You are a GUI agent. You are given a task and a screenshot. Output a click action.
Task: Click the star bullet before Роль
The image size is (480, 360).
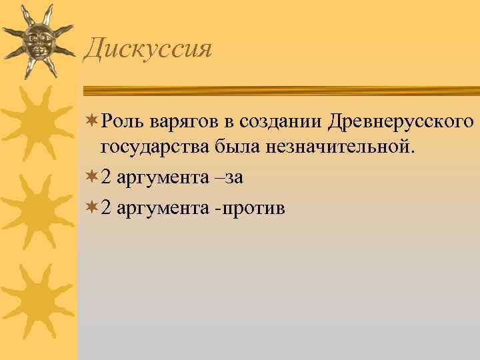pyautogui.click(x=91, y=123)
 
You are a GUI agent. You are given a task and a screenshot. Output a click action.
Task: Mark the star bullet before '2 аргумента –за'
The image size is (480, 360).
pyautogui.click(x=91, y=177)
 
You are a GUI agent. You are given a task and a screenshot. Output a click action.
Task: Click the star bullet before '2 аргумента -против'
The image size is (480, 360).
pyautogui.click(x=91, y=208)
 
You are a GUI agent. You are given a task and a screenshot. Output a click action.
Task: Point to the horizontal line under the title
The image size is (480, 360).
pyautogui.click(x=280, y=89)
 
